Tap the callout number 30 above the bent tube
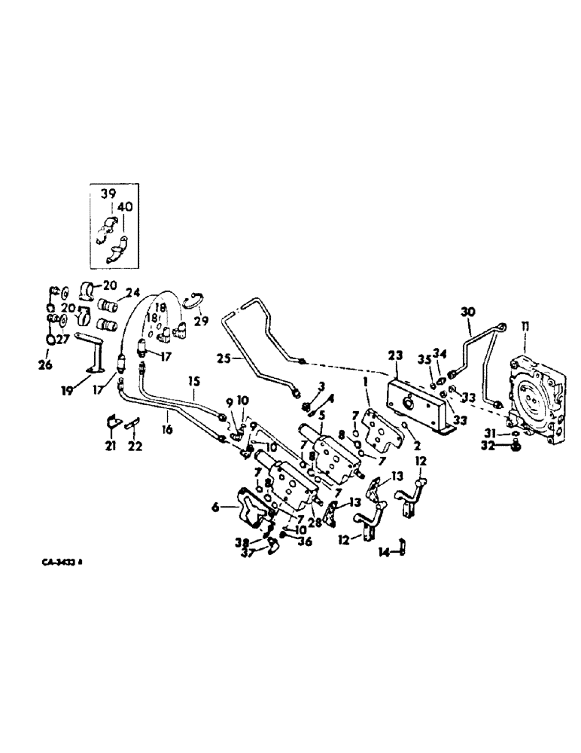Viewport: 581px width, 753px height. [x=467, y=311]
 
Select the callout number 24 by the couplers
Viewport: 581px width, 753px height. [x=132, y=293]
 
